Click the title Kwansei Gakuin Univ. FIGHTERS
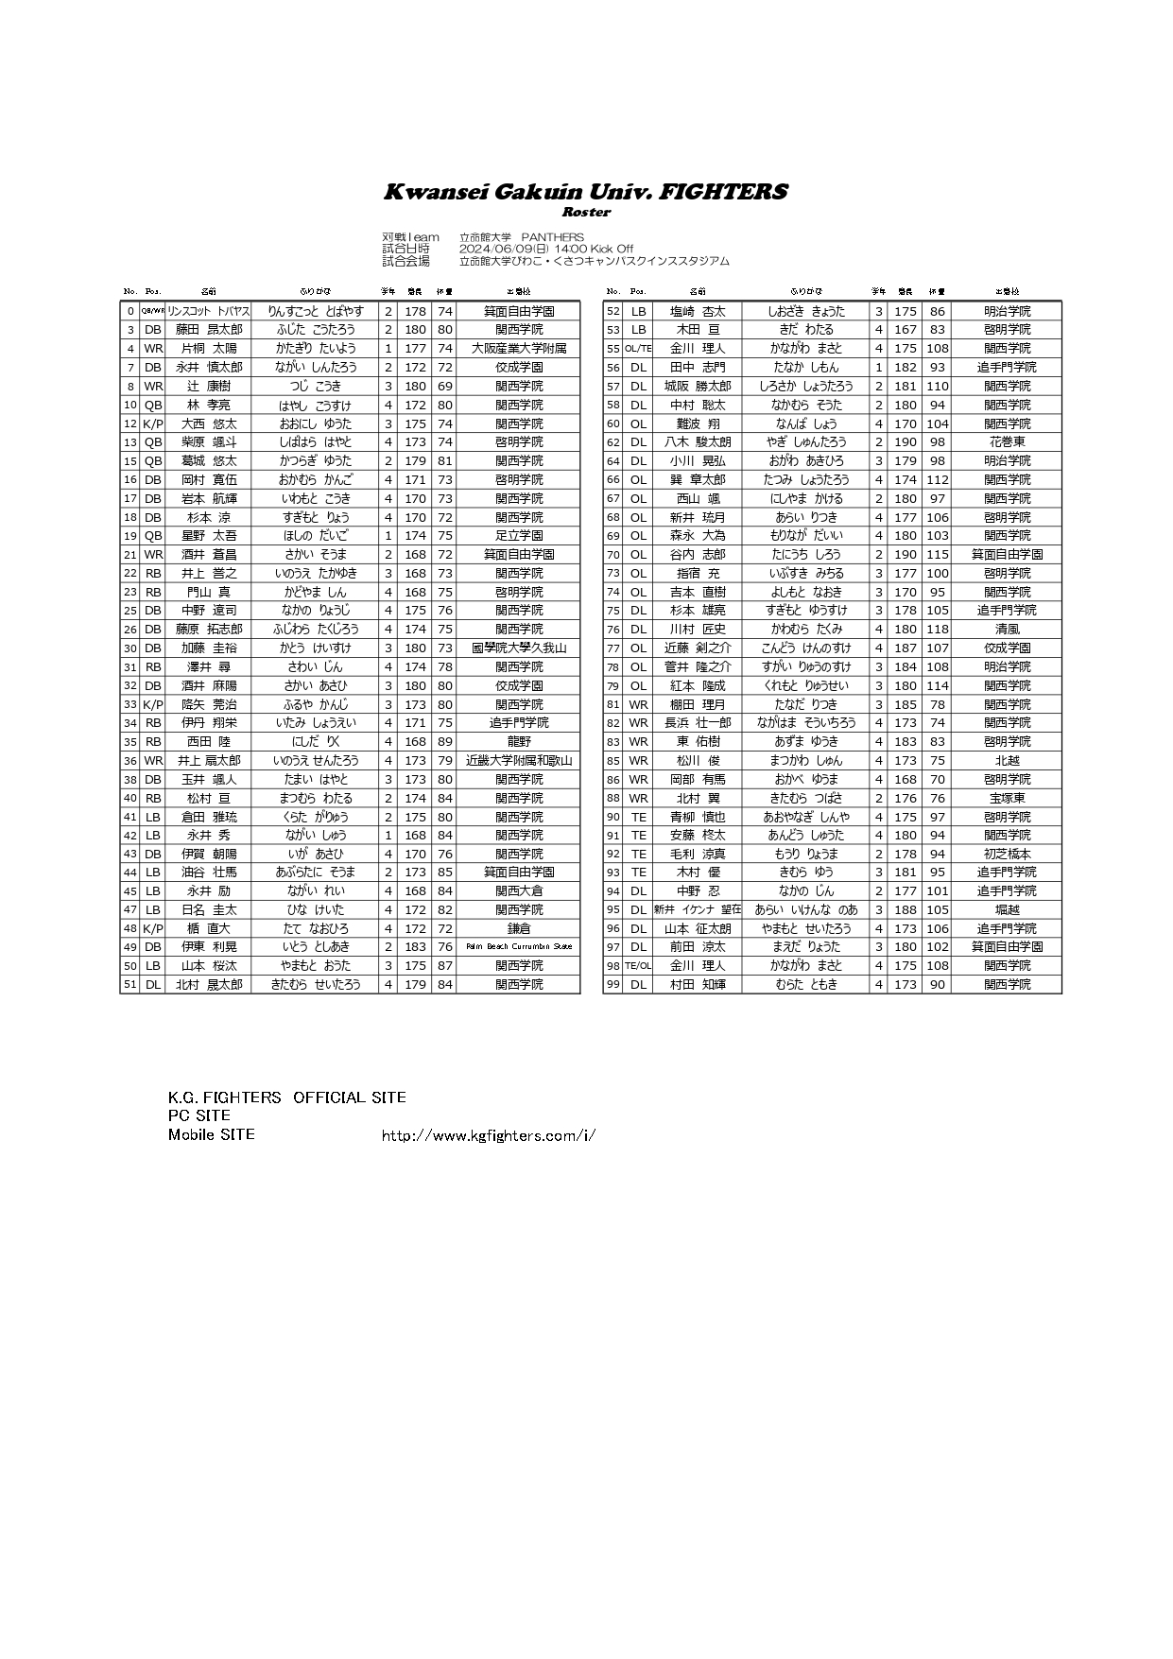coord(585,192)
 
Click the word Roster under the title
coord(585,212)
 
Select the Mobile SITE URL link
coord(488,1135)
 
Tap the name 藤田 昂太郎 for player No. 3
coord(208,330)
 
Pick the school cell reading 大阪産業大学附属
coord(518,349)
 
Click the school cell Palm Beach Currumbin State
coord(518,947)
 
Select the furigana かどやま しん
coord(316,592)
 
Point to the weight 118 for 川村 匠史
coord(937,630)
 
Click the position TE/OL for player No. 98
coord(638,966)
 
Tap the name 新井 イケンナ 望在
coord(697,909)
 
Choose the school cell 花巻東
coord(1006,442)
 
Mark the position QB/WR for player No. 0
coord(152,311)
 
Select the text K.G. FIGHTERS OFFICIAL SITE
coord(286,1097)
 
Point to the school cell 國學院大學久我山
coord(518,648)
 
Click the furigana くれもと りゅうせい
coord(805,685)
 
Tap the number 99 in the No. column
coord(612,985)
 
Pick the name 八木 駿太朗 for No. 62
coord(697,442)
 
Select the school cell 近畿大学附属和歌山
coord(518,761)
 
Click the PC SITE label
coord(198,1115)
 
